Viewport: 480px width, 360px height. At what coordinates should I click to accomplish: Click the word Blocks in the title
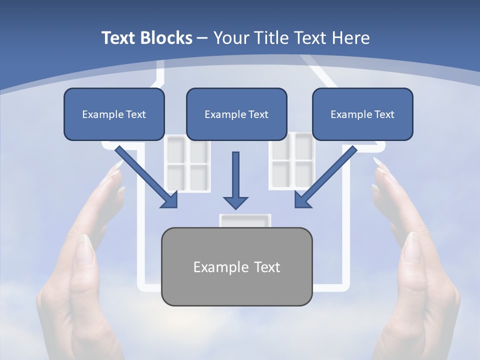coord(166,37)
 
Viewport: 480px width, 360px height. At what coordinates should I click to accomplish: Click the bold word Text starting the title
coord(118,37)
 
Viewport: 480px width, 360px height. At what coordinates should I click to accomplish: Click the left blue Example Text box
coord(114,114)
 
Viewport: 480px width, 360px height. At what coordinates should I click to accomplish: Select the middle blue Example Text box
coord(236,114)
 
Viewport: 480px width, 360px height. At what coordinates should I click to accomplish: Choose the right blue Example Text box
coord(363,114)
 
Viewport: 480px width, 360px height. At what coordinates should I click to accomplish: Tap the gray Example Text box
coord(237,266)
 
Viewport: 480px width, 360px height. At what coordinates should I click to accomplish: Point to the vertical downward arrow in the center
coord(235,180)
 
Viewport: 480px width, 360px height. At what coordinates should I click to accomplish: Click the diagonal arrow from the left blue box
coord(146,177)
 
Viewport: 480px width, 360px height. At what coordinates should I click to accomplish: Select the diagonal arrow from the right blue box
coord(326,177)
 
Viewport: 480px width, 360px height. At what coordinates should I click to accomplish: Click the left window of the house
coord(187,164)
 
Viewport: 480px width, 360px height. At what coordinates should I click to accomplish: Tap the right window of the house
coord(291,160)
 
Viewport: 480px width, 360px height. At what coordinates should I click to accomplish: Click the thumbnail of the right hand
coord(412,247)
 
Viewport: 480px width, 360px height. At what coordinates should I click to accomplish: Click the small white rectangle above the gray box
coord(245,220)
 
